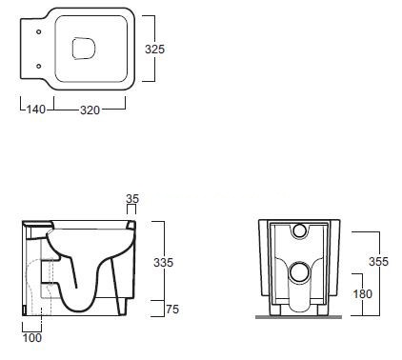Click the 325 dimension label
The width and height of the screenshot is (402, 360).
click(x=154, y=49)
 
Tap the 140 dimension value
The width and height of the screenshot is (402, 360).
click(x=35, y=110)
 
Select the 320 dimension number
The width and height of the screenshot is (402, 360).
click(x=90, y=110)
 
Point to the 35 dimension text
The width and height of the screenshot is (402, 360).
click(x=132, y=198)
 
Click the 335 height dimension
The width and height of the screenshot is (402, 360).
click(x=163, y=262)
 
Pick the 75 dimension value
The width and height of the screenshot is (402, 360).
click(x=172, y=309)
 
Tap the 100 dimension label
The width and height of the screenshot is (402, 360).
click(x=32, y=338)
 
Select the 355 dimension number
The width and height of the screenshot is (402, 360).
click(x=378, y=261)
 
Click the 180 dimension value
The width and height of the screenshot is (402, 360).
click(x=363, y=294)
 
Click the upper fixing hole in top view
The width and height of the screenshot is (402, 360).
click(x=39, y=31)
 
